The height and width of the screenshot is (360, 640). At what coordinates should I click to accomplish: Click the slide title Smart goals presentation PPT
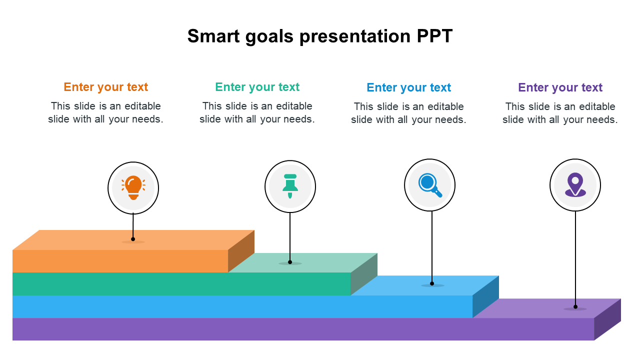click(x=320, y=36)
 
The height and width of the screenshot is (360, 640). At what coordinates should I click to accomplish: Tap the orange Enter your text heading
click(x=105, y=87)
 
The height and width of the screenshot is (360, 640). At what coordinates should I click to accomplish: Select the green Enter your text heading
click(x=257, y=87)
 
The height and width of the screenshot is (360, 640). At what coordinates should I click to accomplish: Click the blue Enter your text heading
click(x=408, y=87)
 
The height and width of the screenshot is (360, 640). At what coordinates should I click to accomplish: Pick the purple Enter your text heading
click(x=560, y=87)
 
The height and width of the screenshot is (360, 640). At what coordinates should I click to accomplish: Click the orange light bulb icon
click(x=133, y=187)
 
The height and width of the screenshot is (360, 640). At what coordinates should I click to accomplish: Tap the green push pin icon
click(x=290, y=186)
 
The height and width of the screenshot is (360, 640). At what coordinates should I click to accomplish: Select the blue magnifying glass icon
click(x=430, y=185)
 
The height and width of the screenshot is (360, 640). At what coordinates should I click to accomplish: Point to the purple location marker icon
click(x=575, y=184)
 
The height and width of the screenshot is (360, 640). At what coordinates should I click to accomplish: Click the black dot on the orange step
click(x=133, y=239)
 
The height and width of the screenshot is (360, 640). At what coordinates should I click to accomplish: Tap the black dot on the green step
click(x=290, y=262)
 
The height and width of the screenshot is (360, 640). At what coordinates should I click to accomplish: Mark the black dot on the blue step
click(x=432, y=283)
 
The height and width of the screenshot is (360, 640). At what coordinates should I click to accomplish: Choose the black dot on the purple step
click(x=575, y=307)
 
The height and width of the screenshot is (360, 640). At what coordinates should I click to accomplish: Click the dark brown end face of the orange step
click(x=241, y=251)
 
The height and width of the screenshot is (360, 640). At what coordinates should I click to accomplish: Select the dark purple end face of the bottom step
click(x=607, y=319)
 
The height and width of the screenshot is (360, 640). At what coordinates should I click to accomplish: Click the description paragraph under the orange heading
click(x=105, y=112)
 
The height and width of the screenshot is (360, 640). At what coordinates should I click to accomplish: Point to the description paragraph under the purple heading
click(x=560, y=113)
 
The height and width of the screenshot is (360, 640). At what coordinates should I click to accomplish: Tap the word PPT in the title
click(x=434, y=36)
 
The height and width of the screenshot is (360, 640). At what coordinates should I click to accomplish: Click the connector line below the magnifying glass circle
click(x=432, y=247)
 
